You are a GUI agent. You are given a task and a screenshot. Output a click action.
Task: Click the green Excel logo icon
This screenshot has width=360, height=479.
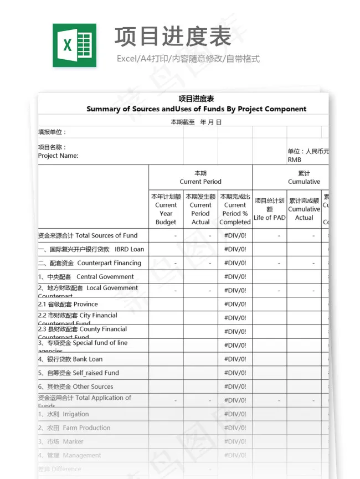tap(74, 45)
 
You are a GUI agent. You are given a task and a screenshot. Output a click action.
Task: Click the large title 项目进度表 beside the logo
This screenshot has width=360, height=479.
tap(173, 37)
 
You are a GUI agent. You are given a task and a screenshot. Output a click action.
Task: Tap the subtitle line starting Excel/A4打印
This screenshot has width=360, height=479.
tap(188, 59)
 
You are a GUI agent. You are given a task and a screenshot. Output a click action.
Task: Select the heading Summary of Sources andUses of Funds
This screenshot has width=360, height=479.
tap(196, 109)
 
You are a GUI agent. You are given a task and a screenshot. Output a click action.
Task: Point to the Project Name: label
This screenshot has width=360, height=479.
tap(58, 156)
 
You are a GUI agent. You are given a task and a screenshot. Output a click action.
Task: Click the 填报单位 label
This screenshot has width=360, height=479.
tap(52, 132)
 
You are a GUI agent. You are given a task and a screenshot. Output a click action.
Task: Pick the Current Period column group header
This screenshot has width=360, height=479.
tap(200, 177)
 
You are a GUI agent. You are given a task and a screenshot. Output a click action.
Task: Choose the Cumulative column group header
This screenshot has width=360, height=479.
tap(304, 177)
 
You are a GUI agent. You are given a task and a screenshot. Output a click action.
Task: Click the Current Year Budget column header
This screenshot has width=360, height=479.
tap(166, 209)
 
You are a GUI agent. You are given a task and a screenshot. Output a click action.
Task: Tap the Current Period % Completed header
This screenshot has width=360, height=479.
tap(235, 209)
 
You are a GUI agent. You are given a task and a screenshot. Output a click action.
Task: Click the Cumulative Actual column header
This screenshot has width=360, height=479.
tap(304, 209)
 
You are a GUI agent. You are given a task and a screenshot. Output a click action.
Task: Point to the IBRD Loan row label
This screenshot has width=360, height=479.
tap(91, 249)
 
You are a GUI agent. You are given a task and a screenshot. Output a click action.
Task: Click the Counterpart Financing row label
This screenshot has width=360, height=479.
tap(90, 263)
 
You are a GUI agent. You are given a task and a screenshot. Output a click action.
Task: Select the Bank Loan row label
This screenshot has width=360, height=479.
tap(70, 359)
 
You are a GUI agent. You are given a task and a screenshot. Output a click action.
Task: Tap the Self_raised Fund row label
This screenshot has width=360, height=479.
tap(79, 373)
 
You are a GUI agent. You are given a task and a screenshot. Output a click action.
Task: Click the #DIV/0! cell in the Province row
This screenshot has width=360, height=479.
tap(235, 304)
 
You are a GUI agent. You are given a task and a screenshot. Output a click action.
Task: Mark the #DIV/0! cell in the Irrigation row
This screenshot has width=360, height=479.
tap(235, 414)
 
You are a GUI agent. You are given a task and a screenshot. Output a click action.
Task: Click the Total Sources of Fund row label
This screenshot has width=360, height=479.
tap(88, 235)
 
